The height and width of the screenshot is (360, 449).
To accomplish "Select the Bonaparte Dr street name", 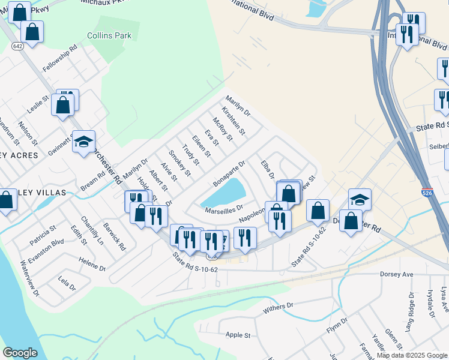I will click(x=229, y=173).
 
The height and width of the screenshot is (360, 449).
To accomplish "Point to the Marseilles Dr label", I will click(x=223, y=209).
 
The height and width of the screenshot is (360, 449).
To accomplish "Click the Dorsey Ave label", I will click(x=397, y=274).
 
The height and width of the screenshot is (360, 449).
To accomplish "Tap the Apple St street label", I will click(x=238, y=335).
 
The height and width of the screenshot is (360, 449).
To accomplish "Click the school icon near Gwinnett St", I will click(x=83, y=142).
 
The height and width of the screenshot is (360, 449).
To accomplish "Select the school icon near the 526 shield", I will click(x=360, y=199).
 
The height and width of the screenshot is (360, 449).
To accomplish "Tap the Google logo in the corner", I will click(x=20, y=353).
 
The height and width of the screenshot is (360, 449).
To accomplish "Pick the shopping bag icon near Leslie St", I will click(x=63, y=106).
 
